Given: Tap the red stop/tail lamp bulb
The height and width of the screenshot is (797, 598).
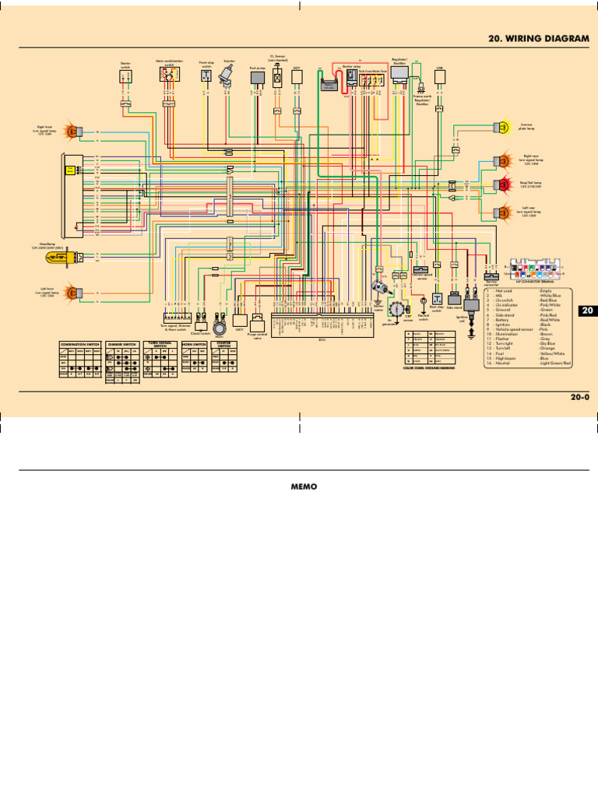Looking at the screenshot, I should pyautogui.click(x=499, y=184).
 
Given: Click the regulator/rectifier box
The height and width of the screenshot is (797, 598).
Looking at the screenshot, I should pyautogui.click(x=401, y=73).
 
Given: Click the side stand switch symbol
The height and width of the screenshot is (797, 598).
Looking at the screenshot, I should pyautogui.click(x=454, y=298).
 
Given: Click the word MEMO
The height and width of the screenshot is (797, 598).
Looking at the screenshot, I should pyautogui.click(x=299, y=487).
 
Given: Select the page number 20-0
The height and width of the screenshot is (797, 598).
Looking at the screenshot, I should pyautogui.click(x=580, y=397).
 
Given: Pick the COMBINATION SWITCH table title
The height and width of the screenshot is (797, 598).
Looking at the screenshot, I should pyautogui.click(x=81, y=343).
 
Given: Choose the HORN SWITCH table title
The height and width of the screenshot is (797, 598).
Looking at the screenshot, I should pyautogui.click(x=194, y=343).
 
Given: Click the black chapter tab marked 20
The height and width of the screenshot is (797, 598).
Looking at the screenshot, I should pyautogui.click(x=588, y=311).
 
